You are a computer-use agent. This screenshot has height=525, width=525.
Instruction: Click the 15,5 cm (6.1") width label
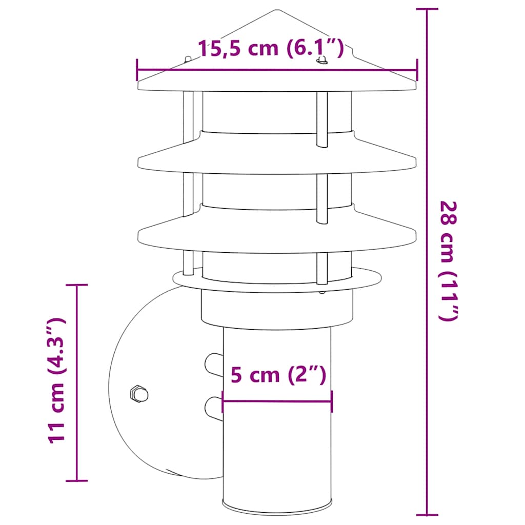tap(270, 49)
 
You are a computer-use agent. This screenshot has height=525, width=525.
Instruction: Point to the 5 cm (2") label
tap(278, 375)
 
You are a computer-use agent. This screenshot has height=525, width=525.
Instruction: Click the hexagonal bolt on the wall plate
tap(139, 394)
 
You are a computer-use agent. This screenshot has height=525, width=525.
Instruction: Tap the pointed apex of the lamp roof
tap(277, 10)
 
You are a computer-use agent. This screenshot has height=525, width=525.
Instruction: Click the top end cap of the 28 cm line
tap(427, 9)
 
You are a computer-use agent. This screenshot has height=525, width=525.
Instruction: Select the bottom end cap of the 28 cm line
tap(427, 514)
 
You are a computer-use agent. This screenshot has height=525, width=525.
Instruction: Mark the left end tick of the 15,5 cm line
tap(137, 70)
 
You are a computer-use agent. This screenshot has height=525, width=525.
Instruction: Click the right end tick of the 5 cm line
tap(332, 401)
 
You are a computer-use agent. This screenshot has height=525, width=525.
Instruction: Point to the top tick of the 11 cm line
tap(77, 285)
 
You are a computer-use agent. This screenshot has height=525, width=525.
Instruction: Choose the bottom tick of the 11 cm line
tap(77, 480)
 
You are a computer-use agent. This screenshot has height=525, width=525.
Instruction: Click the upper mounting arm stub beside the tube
tap(213, 364)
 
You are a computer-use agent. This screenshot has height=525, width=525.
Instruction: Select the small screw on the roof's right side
tap(322, 61)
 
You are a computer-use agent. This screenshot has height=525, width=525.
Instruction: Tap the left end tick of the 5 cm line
tap(223, 401)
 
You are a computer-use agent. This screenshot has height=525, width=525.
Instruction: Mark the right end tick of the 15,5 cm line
tap(417, 70)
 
